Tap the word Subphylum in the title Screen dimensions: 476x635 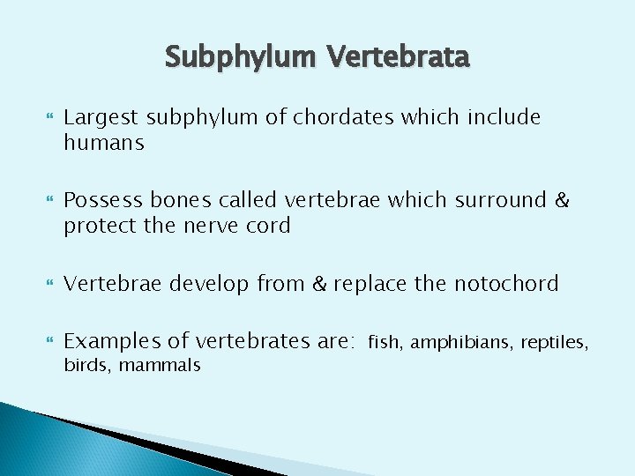click(243, 58)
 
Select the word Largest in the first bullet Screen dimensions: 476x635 click(101, 117)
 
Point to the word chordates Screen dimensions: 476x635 click(337, 117)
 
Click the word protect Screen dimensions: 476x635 click(98, 226)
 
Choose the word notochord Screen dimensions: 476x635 click(506, 284)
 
